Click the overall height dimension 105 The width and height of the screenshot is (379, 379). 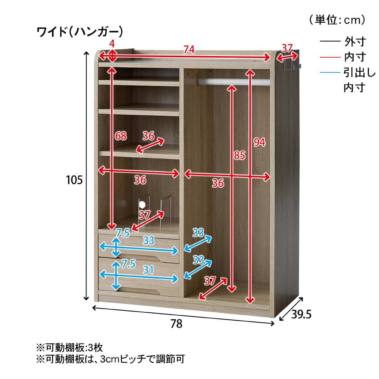[74, 180]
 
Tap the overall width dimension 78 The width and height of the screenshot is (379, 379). [176, 324]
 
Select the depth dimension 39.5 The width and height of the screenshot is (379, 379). [301, 314]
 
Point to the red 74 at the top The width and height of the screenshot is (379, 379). [189, 50]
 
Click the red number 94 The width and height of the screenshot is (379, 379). [259, 142]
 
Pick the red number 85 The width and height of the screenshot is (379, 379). [239, 155]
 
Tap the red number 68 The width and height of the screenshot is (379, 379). [121, 136]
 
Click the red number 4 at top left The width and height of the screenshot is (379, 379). [112, 44]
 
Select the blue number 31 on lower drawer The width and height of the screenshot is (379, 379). [148, 270]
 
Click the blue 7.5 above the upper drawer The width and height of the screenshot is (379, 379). [123, 233]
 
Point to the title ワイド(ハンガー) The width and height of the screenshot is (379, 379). [80, 32]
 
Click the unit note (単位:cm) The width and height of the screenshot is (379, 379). [337, 20]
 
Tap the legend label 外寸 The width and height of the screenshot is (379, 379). [355, 42]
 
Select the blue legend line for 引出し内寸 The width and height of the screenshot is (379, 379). [330, 72]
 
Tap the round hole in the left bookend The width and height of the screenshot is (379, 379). [142, 205]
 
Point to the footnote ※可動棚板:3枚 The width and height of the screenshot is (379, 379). [70, 348]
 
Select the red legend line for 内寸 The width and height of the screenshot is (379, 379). [330, 57]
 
